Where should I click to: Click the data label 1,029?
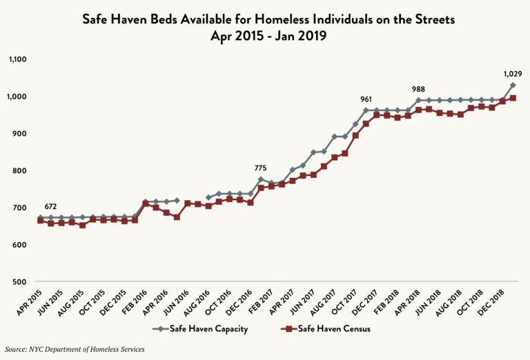(512, 73)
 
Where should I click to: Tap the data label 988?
(418, 89)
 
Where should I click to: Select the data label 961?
(365, 99)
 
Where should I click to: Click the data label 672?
(50, 206)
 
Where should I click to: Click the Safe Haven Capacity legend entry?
(200, 329)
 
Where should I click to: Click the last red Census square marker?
(513, 98)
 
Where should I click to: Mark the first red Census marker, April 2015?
(40, 221)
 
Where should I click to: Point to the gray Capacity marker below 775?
(261, 179)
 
